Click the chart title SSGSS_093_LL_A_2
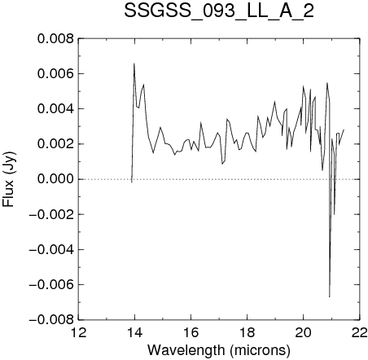tap(219, 11)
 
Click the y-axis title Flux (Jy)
tap(9, 179)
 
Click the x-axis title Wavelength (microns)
tap(219, 350)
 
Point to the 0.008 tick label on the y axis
tap(55, 39)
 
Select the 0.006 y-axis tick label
tap(55, 74)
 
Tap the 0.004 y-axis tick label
tap(55, 109)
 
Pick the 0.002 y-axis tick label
tap(55, 144)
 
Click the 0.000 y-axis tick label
tap(55, 179)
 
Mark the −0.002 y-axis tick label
tap(51, 214)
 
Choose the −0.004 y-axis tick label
tap(51, 249)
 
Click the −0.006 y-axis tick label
tap(51, 284)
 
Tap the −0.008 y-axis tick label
tap(51, 319)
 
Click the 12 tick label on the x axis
tap(79, 332)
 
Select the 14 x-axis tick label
tap(134, 332)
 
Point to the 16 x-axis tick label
tap(191, 332)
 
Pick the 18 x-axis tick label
tap(247, 332)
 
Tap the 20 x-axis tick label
tap(304, 332)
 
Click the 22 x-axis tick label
tap(360, 332)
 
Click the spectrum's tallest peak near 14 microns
tap(134, 64)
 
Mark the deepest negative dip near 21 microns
tap(330, 296)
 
